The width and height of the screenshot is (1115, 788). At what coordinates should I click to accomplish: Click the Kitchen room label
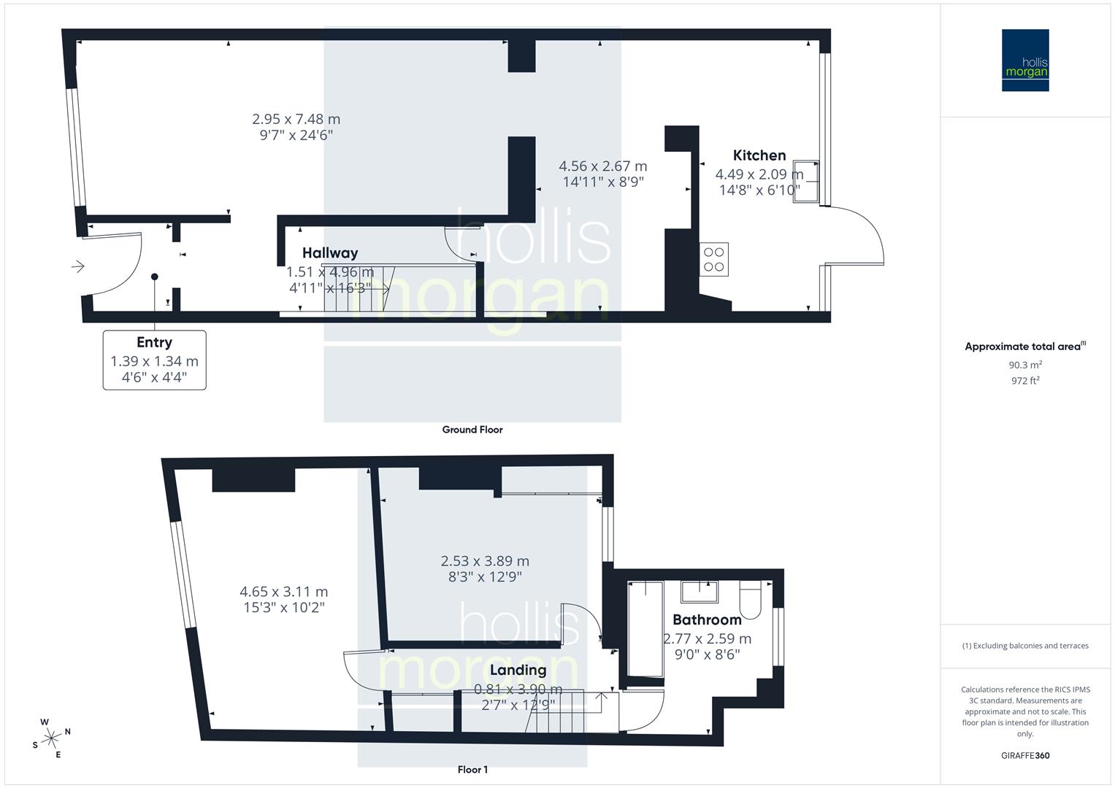tap(759, 155)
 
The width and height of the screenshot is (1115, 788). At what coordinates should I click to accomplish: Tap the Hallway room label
tap(330, 253)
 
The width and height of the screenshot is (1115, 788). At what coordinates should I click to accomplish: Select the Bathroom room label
tap(707, 620)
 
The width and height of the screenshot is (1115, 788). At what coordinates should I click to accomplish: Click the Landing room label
tap(518, 670)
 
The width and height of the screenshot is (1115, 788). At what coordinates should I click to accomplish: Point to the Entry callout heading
tap(154, 342)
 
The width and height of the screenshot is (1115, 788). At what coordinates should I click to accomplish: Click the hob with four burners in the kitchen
tap(714, 259)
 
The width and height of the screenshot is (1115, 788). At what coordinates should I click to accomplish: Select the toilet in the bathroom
tap(750, 598)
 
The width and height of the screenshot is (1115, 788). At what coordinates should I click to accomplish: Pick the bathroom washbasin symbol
tap(700, 591)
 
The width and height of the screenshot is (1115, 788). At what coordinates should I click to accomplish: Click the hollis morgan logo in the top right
tap(1025, 61)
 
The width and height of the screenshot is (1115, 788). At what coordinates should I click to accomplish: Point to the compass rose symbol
tap(51, 738)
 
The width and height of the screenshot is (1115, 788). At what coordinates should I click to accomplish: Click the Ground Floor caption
tap(472, 430)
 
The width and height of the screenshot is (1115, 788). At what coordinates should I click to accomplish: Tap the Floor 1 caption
tap(472, 770)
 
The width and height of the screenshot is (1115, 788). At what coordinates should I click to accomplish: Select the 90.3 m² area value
tap(1025, 366)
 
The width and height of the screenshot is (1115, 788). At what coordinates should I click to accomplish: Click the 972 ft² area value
tap(1025, 381)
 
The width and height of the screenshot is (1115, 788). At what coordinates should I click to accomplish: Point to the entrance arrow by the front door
tap(77, 267)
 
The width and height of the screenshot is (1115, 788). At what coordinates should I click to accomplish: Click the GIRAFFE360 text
tap(1025, 756)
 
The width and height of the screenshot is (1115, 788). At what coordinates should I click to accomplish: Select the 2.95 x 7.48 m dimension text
tap(296, 119)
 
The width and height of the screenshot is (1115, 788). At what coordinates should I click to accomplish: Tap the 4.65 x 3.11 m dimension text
tap(284, 592)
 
